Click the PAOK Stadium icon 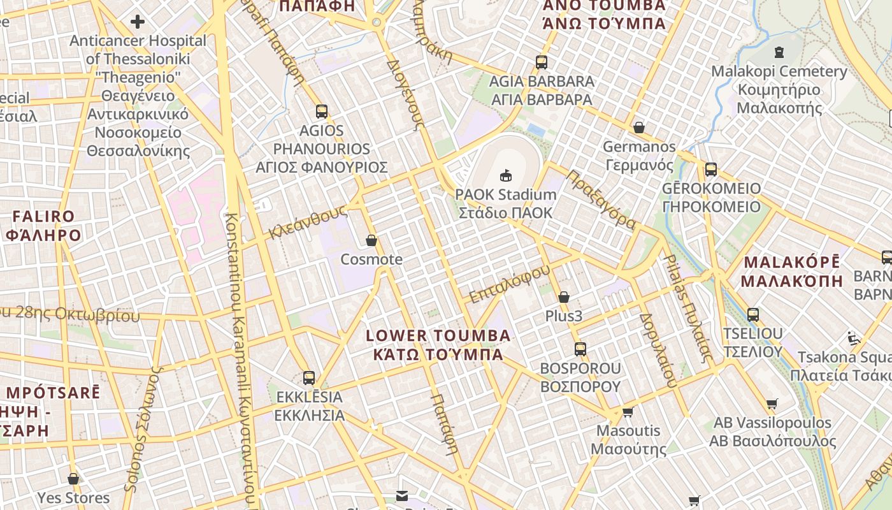click(x=506, y=175)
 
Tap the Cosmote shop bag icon click(x=371, y=240)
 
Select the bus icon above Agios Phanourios click(x=322, y=112)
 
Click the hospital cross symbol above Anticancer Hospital click(x=138, y=22)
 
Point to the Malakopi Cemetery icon click(x=779, y=52)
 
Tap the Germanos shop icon click(x=639, y=127)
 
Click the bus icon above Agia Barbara click(x=542, y=62)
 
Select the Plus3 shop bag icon click(x=563, y=297)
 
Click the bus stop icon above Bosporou click(x=580, y=349)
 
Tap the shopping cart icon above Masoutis click(x=628, y=412)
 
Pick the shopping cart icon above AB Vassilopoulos click(x=772, y=404)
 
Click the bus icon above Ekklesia click(x=309, y=377)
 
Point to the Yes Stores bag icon click(x=73, y=479)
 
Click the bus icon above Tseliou click(x=753, y=314)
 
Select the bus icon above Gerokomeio click(x=711, y=170)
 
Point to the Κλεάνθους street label click(x=307, y=222)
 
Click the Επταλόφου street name click(x=509, y=284)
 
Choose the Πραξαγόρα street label click(x=600, y=200)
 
